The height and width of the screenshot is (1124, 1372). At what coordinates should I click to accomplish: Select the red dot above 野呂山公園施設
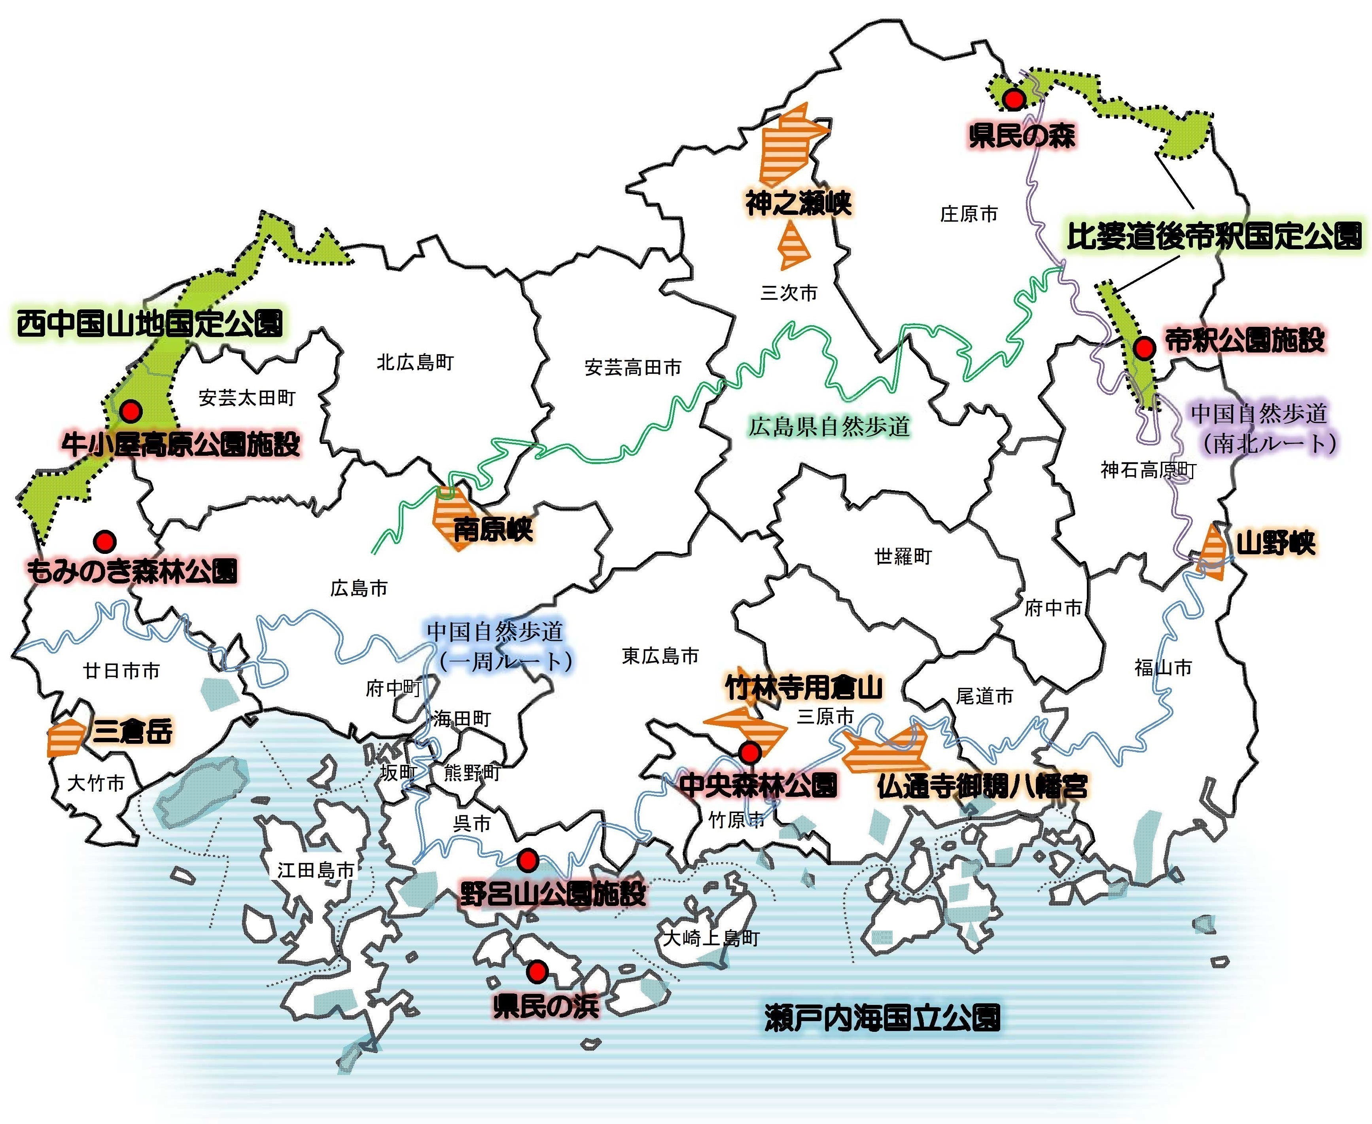tap(528, 860)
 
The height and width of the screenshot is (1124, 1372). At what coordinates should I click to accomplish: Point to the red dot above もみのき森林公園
tap(105, 540)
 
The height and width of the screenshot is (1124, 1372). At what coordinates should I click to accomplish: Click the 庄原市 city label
tap(969, 214)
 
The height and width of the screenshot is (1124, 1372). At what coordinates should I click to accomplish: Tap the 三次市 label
tap(789, 293)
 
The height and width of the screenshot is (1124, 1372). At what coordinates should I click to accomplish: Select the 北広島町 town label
tap(416, 362)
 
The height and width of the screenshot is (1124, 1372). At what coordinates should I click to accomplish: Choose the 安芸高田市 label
tap(633, 368)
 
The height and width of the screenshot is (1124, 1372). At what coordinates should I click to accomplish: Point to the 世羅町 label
tap(903, 556)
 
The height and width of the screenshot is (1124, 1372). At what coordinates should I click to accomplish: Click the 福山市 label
tap(1163, 667)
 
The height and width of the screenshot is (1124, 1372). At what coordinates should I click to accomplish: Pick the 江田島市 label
tap(316, 870)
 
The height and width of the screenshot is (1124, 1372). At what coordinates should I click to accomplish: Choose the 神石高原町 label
tap(1148, 470)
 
